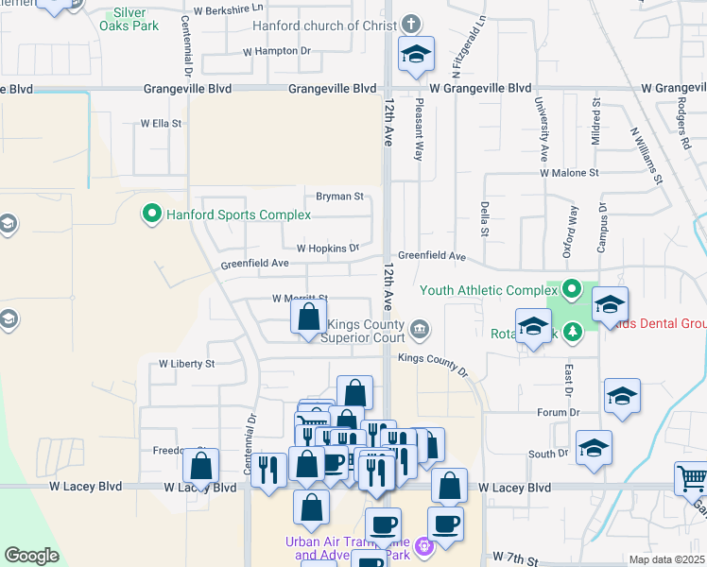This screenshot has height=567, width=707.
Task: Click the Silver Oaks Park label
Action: [x=129, y=19]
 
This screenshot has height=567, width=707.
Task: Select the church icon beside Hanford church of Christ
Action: [x=410, y=25]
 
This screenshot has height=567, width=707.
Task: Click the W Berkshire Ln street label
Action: [x=228, y=9]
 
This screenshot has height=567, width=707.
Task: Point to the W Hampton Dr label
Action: [x=277, y=51]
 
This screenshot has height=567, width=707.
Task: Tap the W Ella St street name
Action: [x=161, y=123]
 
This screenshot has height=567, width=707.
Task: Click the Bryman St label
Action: [x=339, y=197]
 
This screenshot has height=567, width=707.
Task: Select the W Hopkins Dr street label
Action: [x=328, y=248]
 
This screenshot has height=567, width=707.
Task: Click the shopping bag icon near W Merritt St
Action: [x=309, y=318]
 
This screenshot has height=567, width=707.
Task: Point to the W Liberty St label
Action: [x=187, y=363]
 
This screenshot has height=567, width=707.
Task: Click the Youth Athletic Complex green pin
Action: [x=571, y=289]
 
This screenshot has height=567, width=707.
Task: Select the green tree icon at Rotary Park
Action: [x=572, y=331]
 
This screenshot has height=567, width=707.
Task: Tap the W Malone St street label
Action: [x=569, y=173]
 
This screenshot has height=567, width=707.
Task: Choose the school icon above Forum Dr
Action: [x=623, y=397]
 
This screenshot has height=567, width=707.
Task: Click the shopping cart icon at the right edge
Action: [x=691, y=478]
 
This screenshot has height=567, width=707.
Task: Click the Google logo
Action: [x=31, y=556]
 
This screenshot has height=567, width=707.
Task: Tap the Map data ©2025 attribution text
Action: [x=665, y=559]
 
